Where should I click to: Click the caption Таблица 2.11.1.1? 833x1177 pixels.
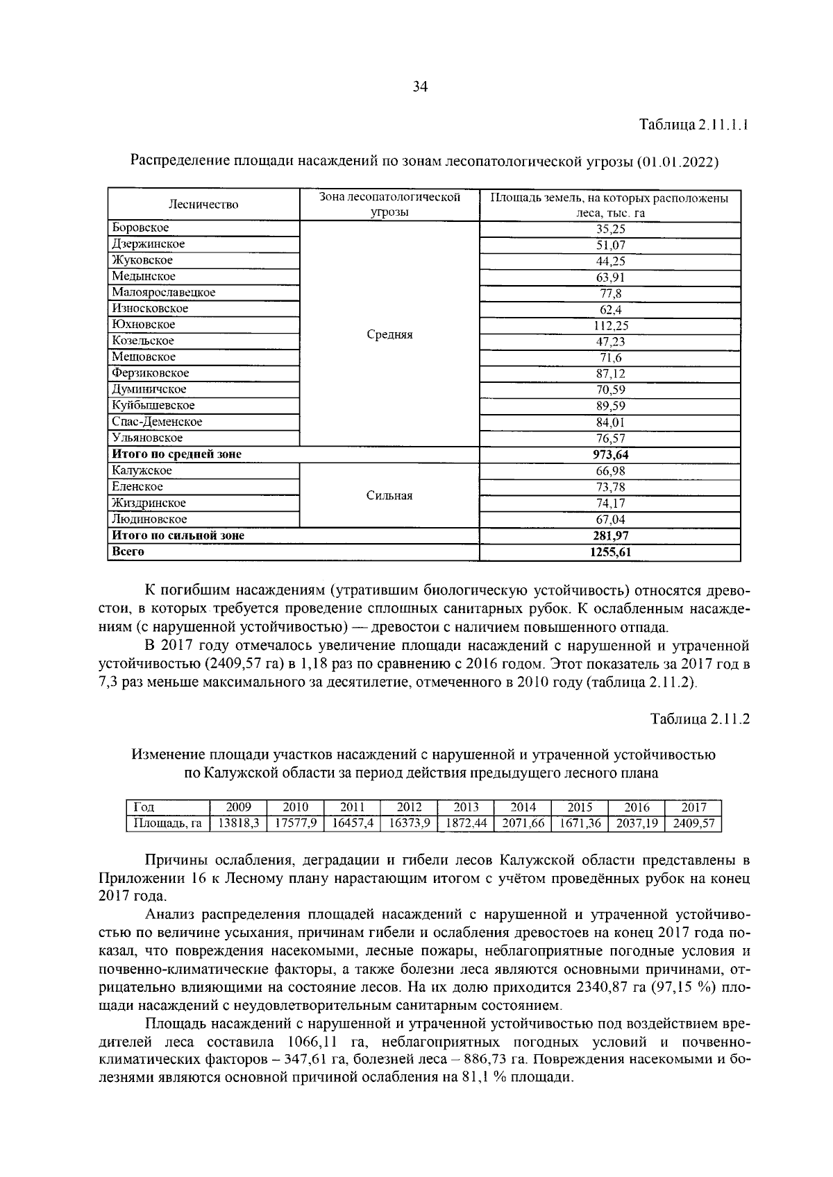[693, 126]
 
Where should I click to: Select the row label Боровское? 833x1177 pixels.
[141, 228]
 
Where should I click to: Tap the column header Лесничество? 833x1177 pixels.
[203, 205]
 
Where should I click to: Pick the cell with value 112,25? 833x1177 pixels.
[610, 325]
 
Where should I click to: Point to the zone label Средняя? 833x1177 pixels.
[389, 335]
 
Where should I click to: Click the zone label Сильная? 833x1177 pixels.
[389, 496]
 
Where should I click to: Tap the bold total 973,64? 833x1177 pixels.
[610, 455]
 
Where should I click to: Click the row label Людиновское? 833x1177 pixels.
[149, 519]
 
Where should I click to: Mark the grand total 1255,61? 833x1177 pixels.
[610, 552]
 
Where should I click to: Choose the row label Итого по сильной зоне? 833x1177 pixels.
[178, 535]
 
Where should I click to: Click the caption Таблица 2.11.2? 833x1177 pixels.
[700, 719]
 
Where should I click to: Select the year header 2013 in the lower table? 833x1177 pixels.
[466, 807]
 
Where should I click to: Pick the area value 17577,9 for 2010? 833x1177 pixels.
[296, 823]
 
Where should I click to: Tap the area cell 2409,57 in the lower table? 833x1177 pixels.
[693, 823]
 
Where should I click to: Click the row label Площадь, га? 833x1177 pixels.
[167, 823]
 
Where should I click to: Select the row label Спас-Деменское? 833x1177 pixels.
[158, 422]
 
